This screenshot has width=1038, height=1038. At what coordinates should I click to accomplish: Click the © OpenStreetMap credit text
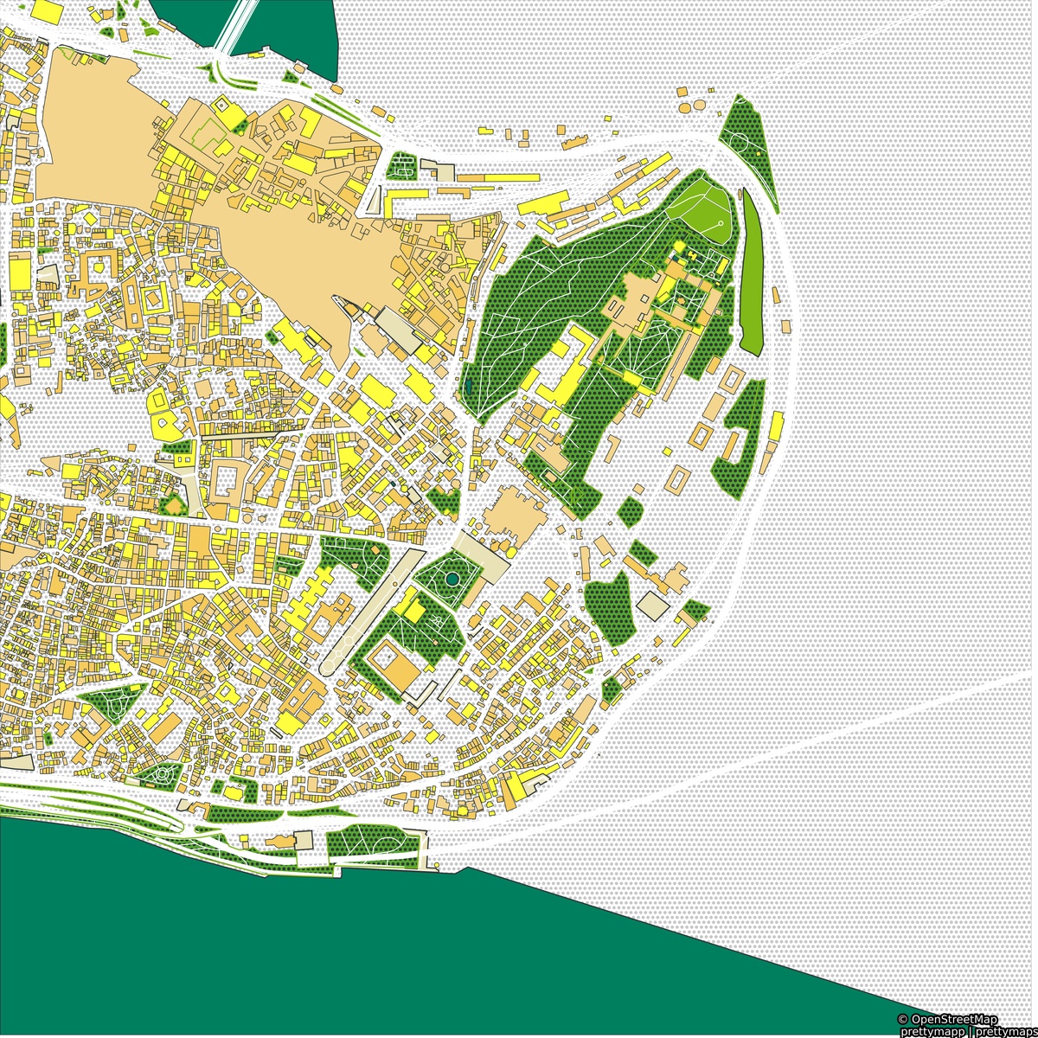coord(947,1020)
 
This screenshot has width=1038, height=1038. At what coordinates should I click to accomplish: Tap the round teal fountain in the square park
coord(451,577)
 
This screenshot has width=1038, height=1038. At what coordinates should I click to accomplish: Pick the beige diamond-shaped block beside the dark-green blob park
coord(654,606)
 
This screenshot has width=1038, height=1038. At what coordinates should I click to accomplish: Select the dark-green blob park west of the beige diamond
coord(610,605)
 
